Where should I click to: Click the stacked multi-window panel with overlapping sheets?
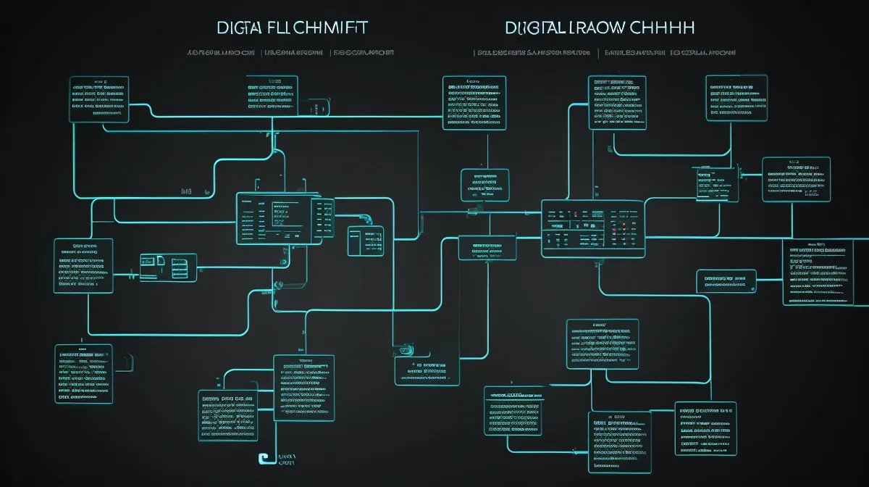pyautogui.click(x=285, y=217)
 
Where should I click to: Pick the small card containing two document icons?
pyautogui.click(x=168, y=267)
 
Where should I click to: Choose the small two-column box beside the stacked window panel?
pyautogui.click(x=366, y=241)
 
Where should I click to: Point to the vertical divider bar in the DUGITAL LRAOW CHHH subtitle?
pyautogui.click(x=598, y=53)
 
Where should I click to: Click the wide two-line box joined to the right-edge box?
pyautogui.click(x=726, y=280)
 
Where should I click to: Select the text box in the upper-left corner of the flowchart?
pyautogui.click(x=98, y=99)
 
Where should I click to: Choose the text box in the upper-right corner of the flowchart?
pyautogui.click(x=736, y=98)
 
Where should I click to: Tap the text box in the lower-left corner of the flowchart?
pyautogui.click(x=84, y=374)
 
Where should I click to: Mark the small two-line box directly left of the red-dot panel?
pyautogui.click(x=487, y=248)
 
